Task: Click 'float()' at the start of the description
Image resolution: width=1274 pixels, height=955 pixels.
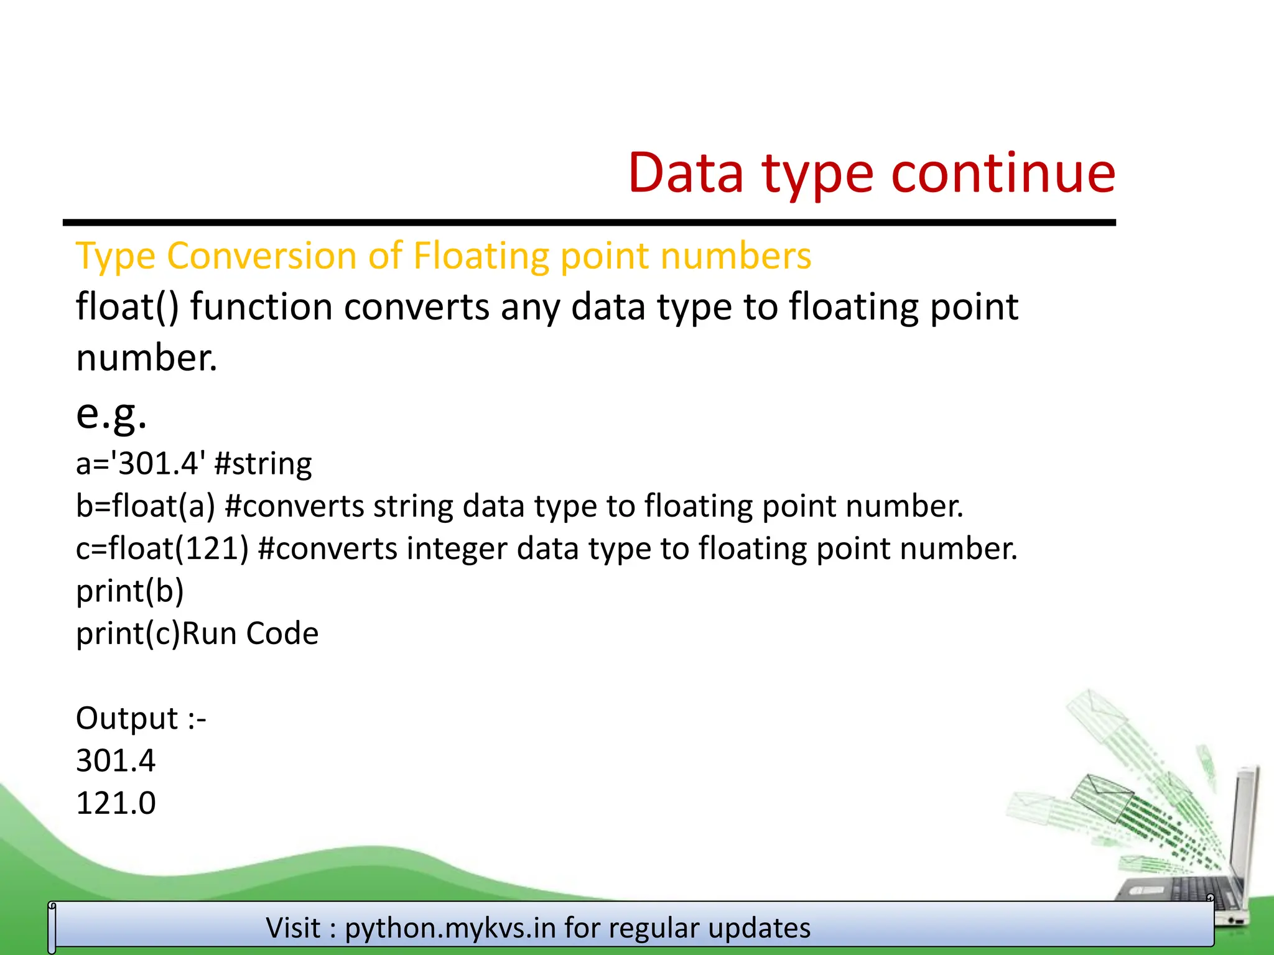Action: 127,307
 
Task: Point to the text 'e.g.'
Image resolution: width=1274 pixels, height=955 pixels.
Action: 111,414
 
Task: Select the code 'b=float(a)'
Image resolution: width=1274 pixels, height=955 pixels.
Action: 145,506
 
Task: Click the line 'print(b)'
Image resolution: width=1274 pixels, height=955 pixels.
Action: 129,591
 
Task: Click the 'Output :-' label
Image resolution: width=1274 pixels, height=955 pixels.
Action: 141,719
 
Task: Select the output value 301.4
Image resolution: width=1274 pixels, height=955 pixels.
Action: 116,761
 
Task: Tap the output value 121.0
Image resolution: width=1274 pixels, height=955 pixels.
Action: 116,803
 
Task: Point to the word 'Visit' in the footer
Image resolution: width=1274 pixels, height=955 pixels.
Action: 293,928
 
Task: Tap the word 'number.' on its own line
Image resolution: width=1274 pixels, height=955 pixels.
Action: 147,358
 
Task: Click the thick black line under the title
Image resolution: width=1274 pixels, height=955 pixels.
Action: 588,223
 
